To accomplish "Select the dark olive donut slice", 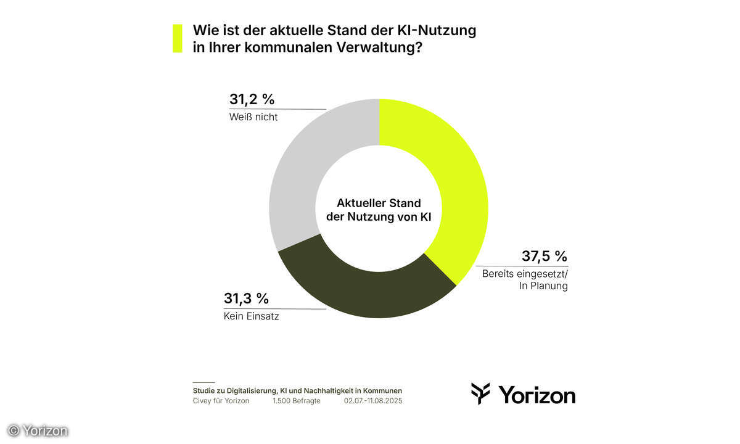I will pyautogui.click(x=364, y=293).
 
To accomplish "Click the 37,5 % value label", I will pyautogui.click(x=545, y=256).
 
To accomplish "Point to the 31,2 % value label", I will pyautogui.click(x=252, y=99).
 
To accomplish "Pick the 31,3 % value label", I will pyautogui.click(x=246, y=298).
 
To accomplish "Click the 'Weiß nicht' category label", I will pyautogui.click(x=253, y=117).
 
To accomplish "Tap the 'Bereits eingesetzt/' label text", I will pyautogui.click(x=524, y=273).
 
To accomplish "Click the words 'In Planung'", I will pyautogui.click(x=543, y=286).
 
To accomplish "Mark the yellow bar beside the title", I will pyautogui.click(x=178, y=38).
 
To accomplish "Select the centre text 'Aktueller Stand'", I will pyautogui.click(x=379, y=203).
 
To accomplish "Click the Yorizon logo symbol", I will pyautogui.click(x=481, y=393).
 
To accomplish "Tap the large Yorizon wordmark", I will pyautogui.click(x=536, y=394).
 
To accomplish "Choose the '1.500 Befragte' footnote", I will pyautogui.click(x=296, y=401).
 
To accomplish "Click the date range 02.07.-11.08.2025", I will pyautogui.click(x=373, y=401).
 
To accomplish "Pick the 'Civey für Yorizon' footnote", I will pyautogui.click(x=221, y=401).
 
